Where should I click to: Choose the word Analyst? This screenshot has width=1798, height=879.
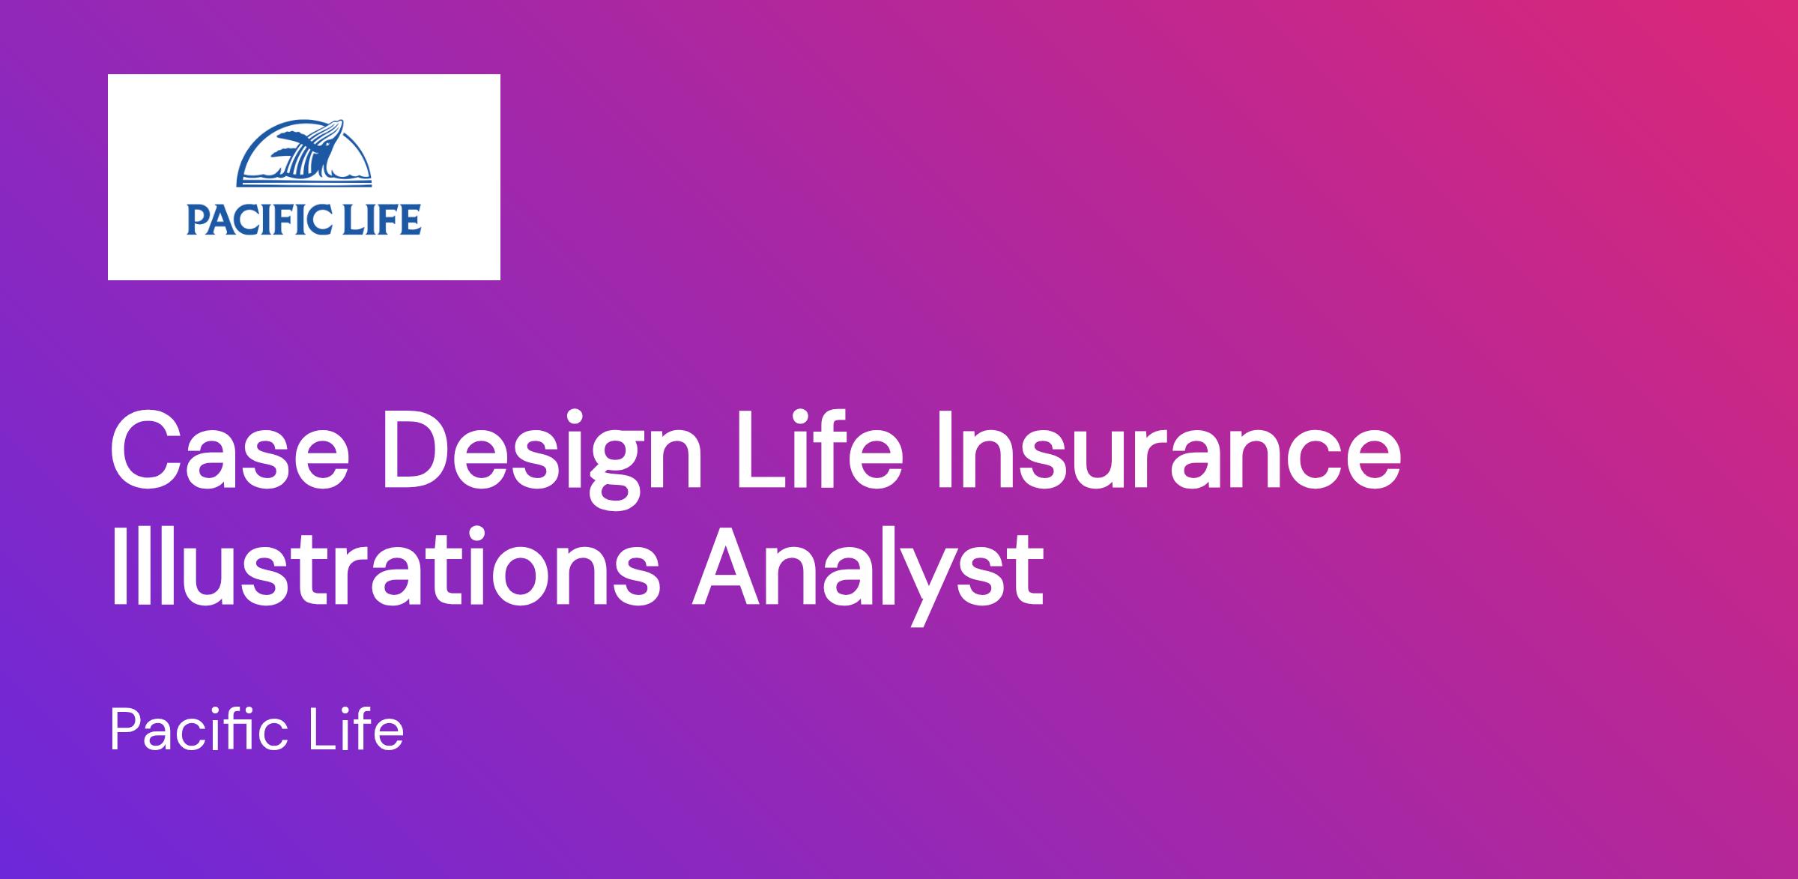point(868,576)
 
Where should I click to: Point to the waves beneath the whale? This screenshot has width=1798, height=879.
point(303,178)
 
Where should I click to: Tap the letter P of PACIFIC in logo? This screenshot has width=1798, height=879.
point(196,220)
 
